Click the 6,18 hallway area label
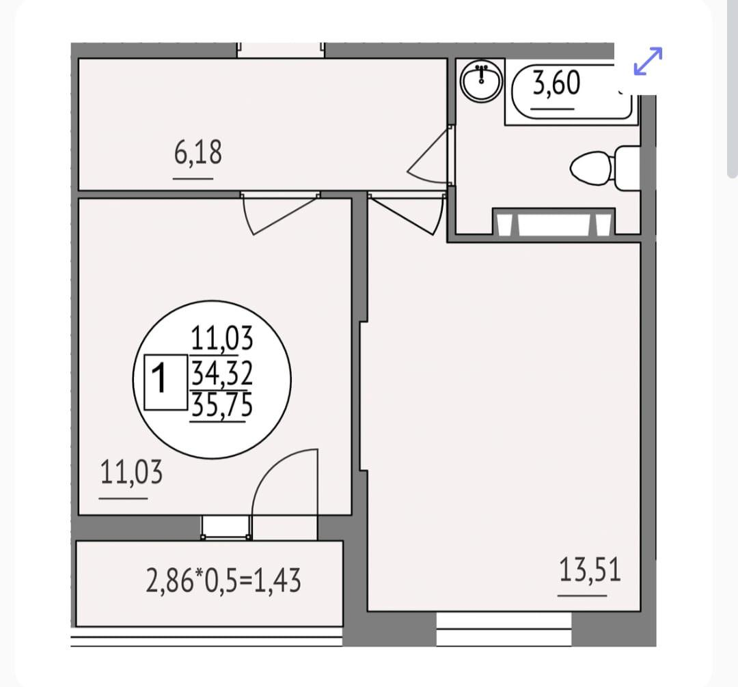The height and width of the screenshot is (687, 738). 197,153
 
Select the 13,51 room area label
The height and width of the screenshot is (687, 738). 590,570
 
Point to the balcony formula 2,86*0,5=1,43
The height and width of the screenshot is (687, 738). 223,580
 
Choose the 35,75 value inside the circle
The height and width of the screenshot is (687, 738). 221,404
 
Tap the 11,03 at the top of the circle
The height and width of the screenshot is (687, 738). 221,338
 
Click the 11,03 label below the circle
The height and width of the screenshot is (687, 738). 131,472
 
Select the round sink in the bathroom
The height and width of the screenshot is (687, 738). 481,80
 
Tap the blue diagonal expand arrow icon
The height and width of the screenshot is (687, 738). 648,61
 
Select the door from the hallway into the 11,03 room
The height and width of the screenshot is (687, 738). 279,214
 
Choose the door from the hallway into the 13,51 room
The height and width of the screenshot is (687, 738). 407,214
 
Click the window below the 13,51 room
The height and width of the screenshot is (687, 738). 504,629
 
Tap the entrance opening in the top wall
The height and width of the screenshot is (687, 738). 281,50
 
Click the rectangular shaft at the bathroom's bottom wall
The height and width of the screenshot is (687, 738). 553,222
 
